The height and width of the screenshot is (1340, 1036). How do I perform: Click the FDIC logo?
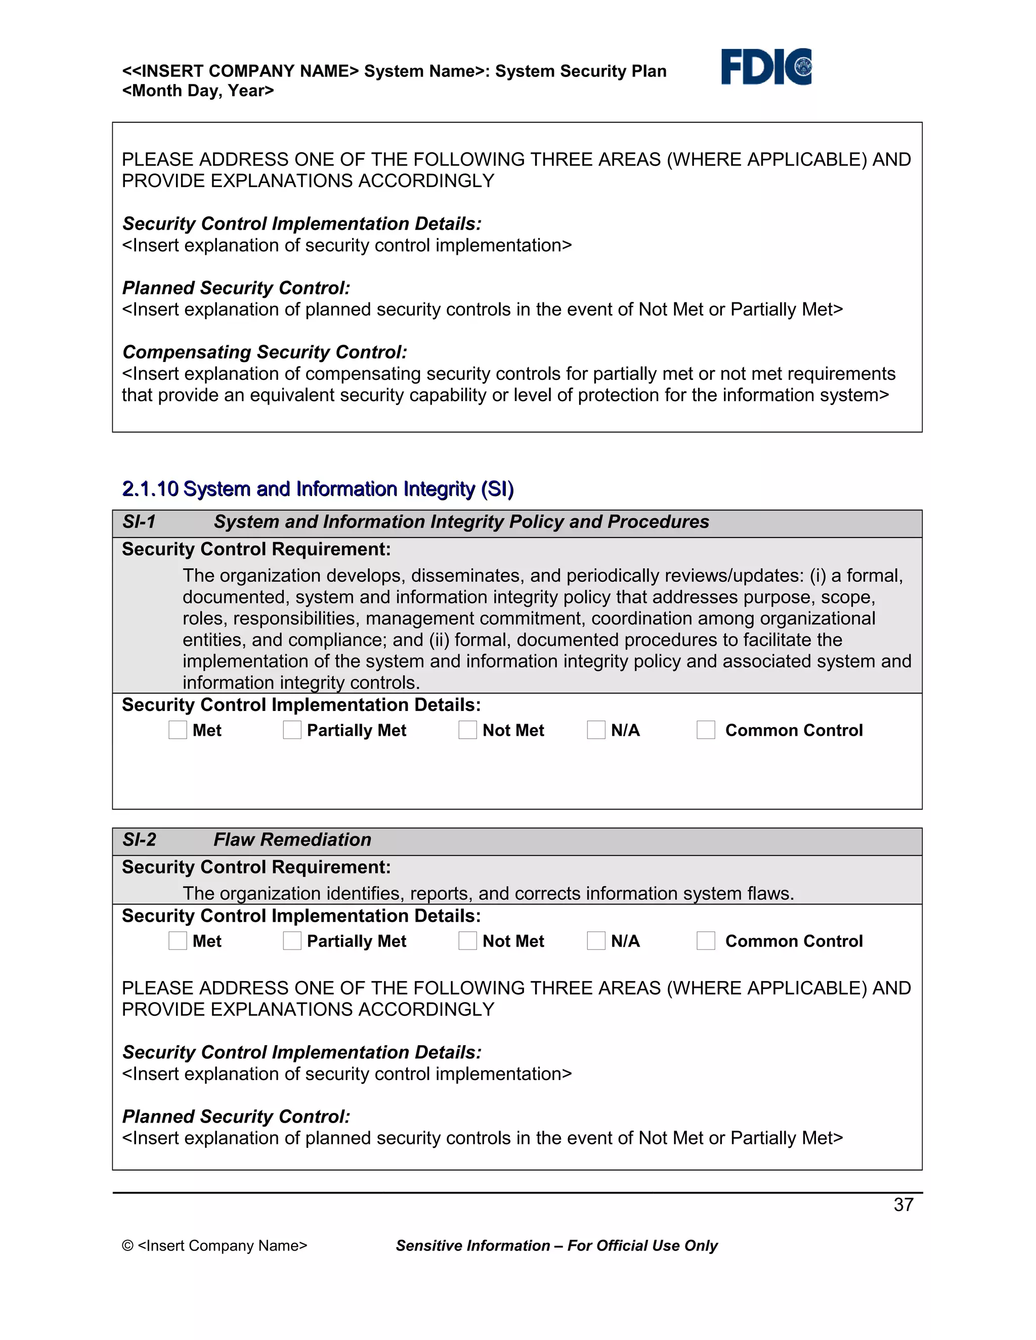pos(766,67)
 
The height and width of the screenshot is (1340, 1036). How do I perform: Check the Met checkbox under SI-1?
pos(178,730)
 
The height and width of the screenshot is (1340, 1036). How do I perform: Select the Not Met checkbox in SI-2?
pos(468,941)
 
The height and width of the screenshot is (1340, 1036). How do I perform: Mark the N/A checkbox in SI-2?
pos(596,941)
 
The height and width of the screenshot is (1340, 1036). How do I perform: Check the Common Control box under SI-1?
pos(706,730)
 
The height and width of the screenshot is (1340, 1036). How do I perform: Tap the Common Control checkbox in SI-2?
pos(706,941)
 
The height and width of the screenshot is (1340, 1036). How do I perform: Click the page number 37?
pos(903,1204)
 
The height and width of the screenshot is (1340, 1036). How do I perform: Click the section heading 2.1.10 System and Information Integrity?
pos(318,489)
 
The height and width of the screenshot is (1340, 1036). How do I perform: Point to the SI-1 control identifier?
pos(139,522)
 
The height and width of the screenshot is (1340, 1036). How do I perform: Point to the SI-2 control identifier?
pos(139,840)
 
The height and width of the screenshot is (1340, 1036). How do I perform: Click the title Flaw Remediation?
pos(292,840)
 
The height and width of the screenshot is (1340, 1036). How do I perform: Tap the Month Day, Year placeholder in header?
pos(198,91)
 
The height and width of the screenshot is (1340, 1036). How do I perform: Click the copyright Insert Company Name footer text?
pos(214,1245)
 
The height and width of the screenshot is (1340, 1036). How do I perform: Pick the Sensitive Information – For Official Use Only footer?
pos(556,1245)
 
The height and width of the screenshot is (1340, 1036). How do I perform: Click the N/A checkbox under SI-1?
pos(596,730)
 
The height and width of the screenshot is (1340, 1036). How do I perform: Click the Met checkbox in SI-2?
pos(178,941)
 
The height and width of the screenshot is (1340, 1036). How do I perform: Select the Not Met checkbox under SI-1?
pos(468,730)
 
